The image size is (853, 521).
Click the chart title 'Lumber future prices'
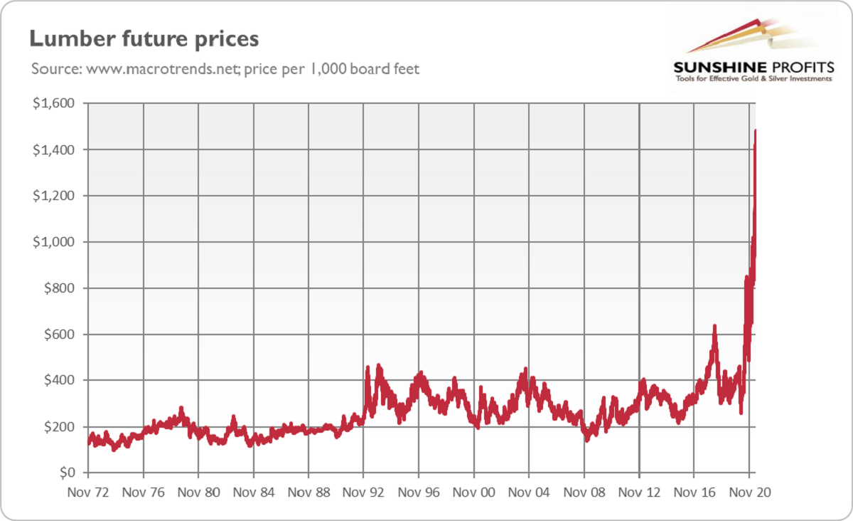click(x=144, y=38)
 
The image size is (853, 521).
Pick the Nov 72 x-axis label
click(x=88, y=492)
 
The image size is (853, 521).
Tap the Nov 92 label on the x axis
click(x=363, y=492)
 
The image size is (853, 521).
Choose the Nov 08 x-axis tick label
click(x=584, y=492)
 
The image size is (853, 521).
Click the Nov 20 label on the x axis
click(x=750, y=492)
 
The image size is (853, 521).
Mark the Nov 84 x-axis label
click(x=253, y=492)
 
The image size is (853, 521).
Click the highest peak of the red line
click(x=755, y=131)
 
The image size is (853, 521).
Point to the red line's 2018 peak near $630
click(x=714, y=327)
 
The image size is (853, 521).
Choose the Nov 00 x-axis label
click(x=474, y=492)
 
